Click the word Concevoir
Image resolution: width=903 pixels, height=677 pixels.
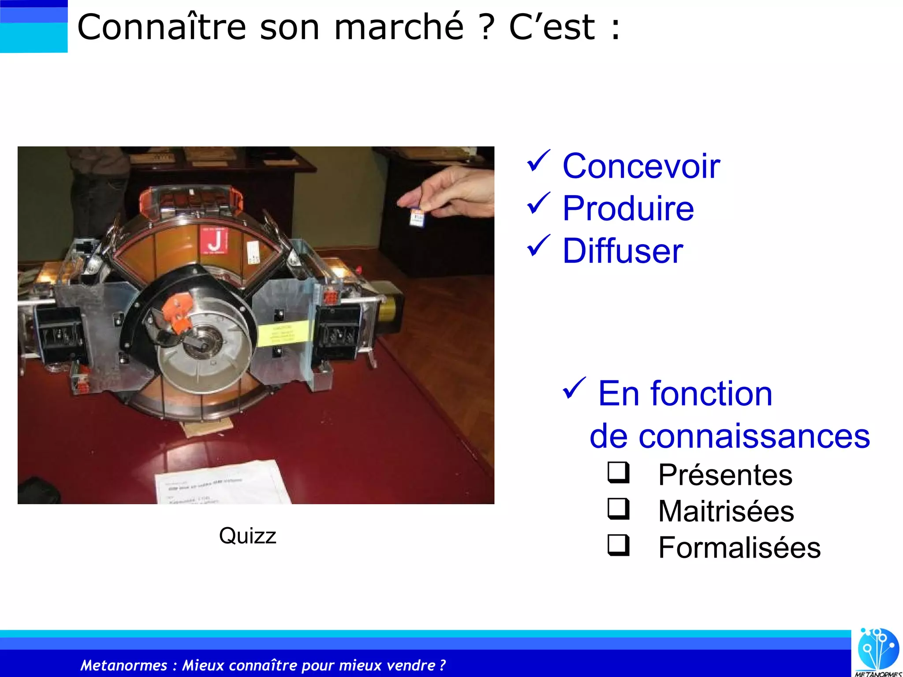(641, 167)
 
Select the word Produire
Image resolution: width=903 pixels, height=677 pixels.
(628, 208)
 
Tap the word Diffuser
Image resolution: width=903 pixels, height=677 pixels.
(622, 251)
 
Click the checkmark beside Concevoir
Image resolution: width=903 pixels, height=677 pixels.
(538, 161)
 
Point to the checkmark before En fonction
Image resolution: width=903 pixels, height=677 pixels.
(574, 388)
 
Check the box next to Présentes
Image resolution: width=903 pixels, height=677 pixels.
(618, 472)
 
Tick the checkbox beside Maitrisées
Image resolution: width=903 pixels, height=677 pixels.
(618, 509)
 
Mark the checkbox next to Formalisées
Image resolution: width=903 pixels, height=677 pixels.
(618, 545)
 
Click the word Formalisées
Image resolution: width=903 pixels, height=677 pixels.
(739, 548)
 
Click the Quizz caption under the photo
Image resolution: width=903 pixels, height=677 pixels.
(247, 536)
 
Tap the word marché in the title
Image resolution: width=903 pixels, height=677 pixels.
(399, 27)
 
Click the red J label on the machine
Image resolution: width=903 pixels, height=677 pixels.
(214, 240)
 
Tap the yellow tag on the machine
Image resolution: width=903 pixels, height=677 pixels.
(282, 334)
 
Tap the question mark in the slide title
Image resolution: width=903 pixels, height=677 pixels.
(486, 27)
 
